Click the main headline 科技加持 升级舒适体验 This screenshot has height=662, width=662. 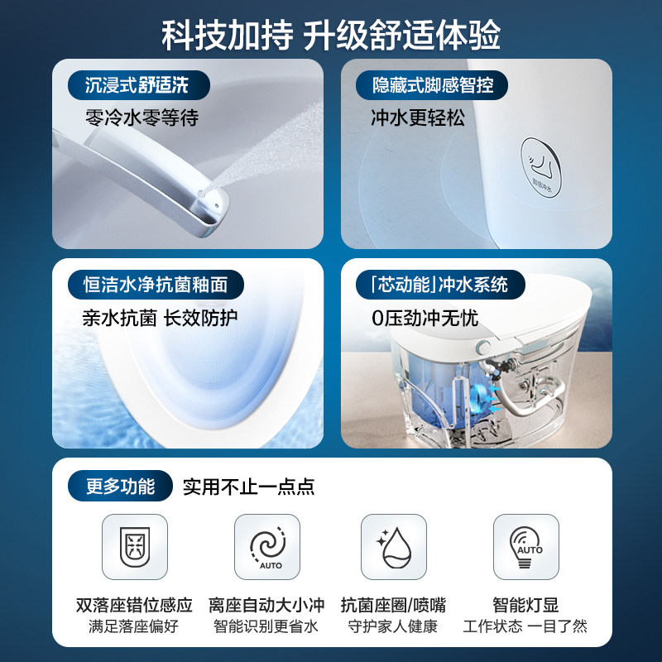330,35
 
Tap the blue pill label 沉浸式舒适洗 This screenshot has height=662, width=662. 138,85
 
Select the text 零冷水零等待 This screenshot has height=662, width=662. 142,118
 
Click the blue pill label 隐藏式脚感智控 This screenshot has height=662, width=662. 431,85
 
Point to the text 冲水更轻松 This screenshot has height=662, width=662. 418,118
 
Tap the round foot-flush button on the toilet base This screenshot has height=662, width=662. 541,168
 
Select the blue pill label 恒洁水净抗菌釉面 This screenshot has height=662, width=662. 156,285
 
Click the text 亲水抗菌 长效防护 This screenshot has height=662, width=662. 160,318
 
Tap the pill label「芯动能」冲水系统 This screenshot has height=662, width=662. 440,285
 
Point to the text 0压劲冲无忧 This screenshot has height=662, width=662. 425,318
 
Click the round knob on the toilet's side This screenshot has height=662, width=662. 482,348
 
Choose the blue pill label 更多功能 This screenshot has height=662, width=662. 120,486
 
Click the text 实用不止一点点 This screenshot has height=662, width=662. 249,487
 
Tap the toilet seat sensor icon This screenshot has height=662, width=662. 135,547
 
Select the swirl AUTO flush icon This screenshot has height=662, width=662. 267,547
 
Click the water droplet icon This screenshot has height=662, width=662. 394,547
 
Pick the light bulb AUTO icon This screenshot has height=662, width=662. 526,547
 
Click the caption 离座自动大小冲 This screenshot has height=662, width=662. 266,605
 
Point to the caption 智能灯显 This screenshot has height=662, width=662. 525,605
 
